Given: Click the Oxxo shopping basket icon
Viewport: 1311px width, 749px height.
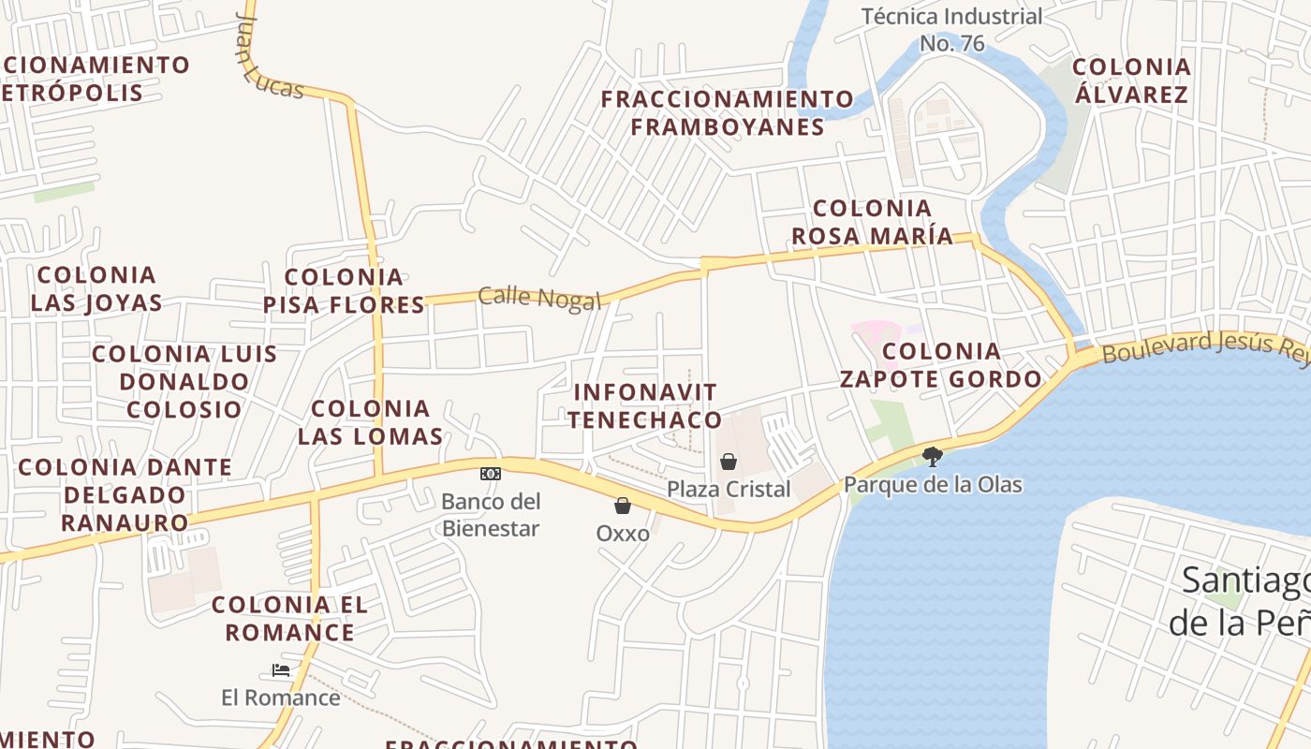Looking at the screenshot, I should [x=623, y=507].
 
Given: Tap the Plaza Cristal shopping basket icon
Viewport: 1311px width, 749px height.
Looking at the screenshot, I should [x=729, y=462].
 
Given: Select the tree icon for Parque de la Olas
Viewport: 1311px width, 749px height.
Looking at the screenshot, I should [x=932, y=457].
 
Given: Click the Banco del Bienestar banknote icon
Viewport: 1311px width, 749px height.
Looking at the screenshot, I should [x=491, y=474].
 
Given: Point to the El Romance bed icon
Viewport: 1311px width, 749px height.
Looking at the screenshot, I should [x=280, y=670].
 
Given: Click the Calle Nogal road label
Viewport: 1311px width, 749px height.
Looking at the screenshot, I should [x=539, y=298].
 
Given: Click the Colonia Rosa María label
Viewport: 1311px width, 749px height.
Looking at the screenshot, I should [x=872, y=222].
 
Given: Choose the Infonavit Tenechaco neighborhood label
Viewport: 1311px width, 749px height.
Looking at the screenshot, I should [x=644, y=406].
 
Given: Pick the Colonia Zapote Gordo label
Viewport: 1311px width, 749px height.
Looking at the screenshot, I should [x=941, y=365].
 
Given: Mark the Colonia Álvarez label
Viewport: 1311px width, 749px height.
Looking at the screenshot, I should [x=1131, y=81].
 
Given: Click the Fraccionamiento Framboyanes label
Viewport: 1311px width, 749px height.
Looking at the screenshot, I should [x=728, y=112].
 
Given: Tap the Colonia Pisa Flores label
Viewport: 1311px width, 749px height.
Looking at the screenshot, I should [x=344, y=291].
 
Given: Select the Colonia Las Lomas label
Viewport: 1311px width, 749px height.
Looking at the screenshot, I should [x=370, y=422].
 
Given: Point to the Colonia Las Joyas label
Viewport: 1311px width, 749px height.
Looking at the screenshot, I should [x=96, y=288].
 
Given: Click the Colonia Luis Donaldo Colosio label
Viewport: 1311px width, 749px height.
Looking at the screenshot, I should [x=184, y=381].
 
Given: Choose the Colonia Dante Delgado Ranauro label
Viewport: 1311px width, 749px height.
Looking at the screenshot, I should [x=125, y=494].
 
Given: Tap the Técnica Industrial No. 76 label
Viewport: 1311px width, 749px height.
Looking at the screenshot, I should [x=951, y=30].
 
